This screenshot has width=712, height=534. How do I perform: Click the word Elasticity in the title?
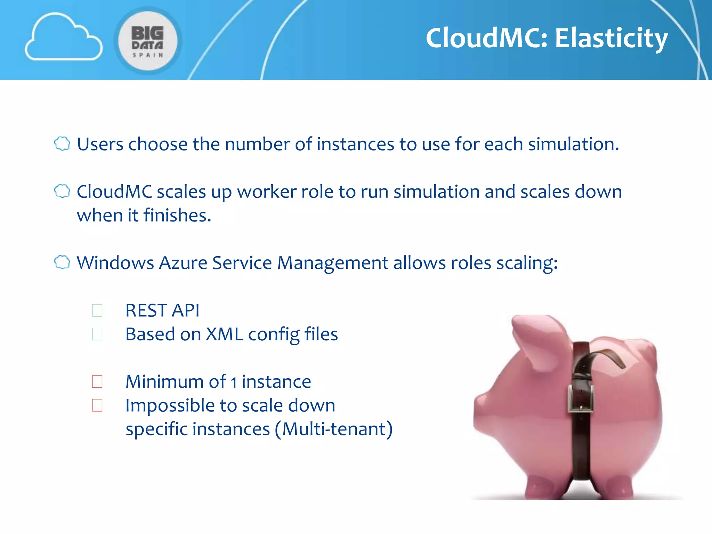tap(611, 38)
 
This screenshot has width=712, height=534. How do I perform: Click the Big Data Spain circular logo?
tap(148, 41)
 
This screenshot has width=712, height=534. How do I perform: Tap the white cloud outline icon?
tap(63, 38)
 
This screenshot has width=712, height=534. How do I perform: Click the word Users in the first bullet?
tap(100, 144)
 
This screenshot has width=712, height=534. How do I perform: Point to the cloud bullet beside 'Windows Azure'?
tap(62, 262)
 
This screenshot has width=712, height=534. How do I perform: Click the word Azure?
tap(183, 263)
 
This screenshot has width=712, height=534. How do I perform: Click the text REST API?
tap(162, 310)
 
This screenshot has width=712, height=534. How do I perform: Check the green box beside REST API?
tap(97, 310)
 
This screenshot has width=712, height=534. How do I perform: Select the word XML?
tap(224, 334)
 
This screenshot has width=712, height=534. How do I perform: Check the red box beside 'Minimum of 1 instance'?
tap(97, 381)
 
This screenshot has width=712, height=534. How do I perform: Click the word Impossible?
tap(170, 406)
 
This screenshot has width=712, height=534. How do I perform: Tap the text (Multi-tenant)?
tap(333, 429)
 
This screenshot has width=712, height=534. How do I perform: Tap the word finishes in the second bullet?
tap(177, 216)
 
